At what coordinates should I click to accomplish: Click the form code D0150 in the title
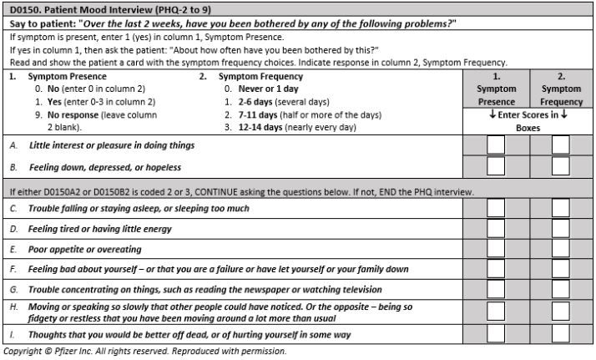click(28, 8)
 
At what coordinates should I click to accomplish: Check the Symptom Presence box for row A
click(497, 145)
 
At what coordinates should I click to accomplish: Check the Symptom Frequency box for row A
click(560, 145)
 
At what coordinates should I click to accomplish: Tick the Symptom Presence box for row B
click(497, 166)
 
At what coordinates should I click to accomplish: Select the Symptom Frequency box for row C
click(560, 209)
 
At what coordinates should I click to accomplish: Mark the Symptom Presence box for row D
click(497, 229)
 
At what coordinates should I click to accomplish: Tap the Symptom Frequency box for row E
click(560, 250)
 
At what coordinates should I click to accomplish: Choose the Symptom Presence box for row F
click(497, 270)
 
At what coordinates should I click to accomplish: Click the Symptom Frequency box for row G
click(560, 290)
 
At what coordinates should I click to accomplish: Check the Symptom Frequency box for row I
click(560, 334)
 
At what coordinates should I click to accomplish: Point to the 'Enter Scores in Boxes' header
click(528, 121)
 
